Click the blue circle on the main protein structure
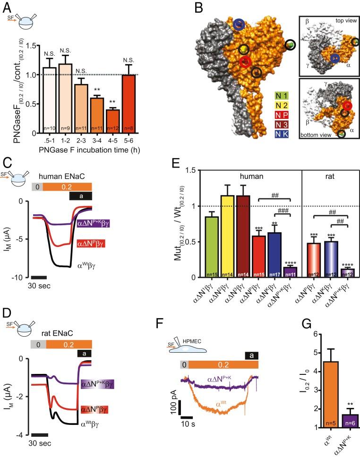[x=239, y=25]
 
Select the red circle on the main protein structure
[x=245, y=62]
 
